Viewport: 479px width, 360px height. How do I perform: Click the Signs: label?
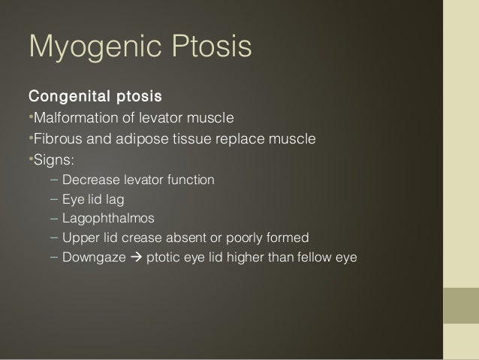click(51, 159)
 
